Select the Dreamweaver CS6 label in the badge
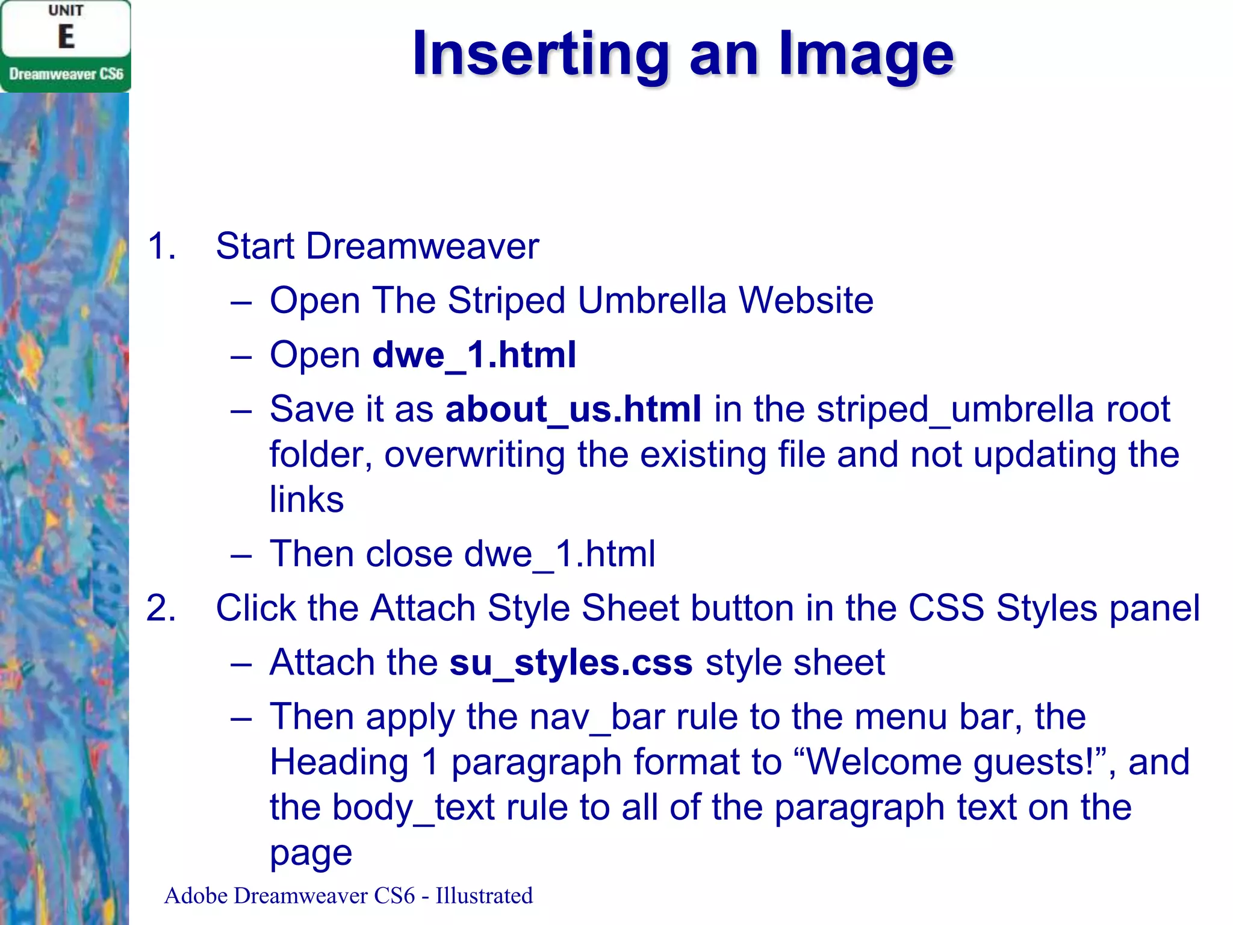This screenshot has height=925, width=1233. click(66, 74)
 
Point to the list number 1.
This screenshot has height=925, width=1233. click(161, 246)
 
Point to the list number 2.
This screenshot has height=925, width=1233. click(161, 608)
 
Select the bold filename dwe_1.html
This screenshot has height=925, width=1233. click(474, 355)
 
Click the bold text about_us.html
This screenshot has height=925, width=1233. click(573, 409)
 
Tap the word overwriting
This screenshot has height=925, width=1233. click(474, 455)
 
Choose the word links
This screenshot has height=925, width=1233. click(306, 499)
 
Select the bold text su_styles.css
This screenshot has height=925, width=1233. click(571, 662)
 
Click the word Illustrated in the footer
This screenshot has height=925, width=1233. click(484, 895)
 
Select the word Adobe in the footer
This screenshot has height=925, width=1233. click(196, 895)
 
